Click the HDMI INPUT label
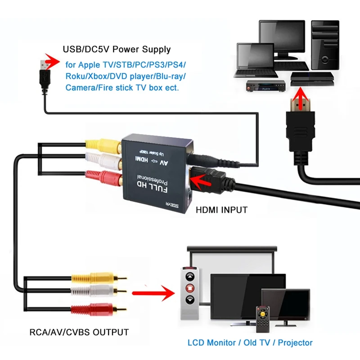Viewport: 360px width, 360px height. [221, 210]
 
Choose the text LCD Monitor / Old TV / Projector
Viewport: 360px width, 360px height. [250, 343]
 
